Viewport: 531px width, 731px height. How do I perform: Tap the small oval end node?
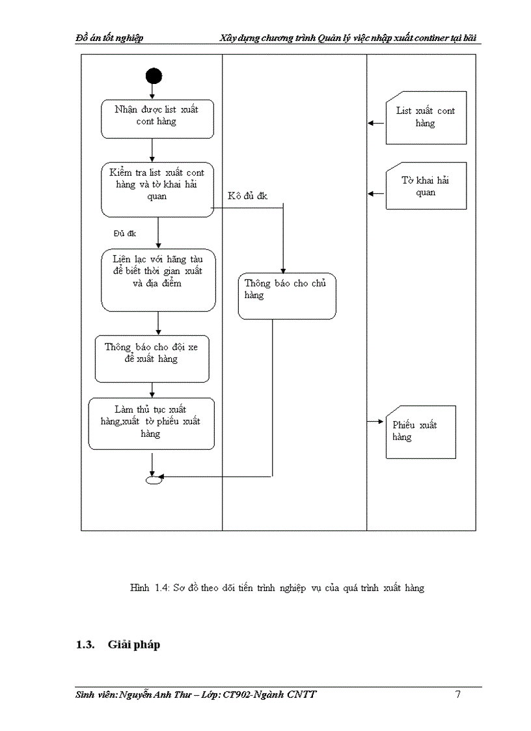point(153,480)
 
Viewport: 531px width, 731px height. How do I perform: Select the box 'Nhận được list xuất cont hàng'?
point(157,118)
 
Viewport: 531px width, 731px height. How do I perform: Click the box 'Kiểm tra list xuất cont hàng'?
point(157,189)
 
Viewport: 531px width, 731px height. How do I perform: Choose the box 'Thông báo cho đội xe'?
point(152,358)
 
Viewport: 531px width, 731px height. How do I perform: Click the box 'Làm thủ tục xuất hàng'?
point(151,423)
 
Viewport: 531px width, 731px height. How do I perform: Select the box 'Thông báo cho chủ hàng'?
point(286,296)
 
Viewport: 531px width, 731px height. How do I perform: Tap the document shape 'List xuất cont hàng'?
point(426,117)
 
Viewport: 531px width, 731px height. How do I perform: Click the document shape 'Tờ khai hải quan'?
point(426,186)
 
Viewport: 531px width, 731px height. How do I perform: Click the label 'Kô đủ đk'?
point(247,197)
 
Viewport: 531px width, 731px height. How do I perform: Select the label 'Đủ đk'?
point(124,233)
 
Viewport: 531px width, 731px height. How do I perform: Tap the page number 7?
point(457,694)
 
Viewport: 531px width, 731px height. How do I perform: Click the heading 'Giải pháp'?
point(133,644)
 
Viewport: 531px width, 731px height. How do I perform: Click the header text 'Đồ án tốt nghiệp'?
point(109,38)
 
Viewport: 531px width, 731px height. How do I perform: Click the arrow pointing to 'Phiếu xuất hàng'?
point(375,422)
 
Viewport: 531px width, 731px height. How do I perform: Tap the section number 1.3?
point(85,644)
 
